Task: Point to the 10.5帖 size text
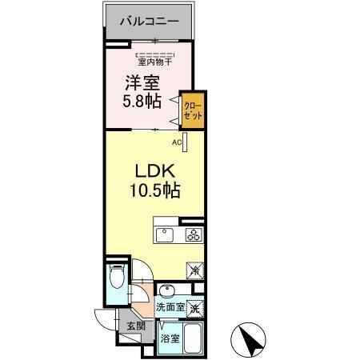pyautogui.click(x=152, y=193)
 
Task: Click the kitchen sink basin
pyautogui.click(x=164, y=235)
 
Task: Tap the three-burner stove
pyautogui.click(x=194, y=234)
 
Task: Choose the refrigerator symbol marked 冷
pyautogui.click(x=195, y=270)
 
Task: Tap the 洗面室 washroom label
pyautogui.click(x=170, y=307)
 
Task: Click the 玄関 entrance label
pyautogui.click(x=134, y=326)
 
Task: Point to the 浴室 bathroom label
pyautogui.click(x=169, y=339)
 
